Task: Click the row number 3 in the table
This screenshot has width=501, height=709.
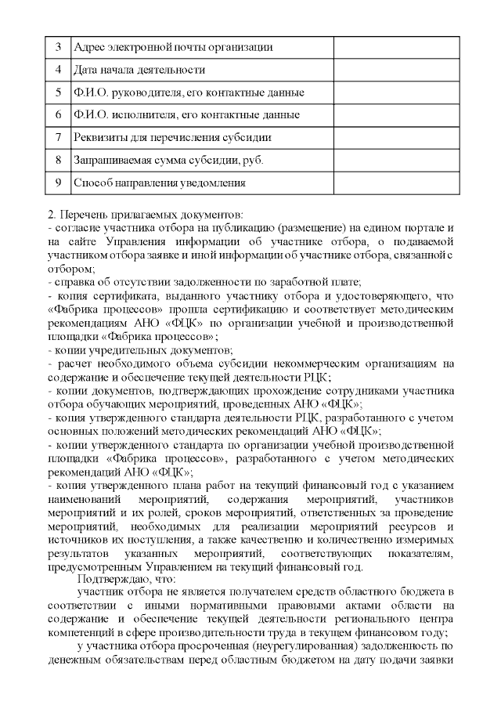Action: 59,47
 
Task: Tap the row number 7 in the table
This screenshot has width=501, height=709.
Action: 59,138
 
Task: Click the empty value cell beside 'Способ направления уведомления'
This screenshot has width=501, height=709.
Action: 395,183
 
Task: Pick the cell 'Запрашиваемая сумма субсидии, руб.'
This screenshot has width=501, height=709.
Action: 168,161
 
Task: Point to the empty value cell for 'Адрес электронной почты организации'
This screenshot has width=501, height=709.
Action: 395,47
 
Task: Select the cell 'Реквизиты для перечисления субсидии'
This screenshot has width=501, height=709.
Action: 172,138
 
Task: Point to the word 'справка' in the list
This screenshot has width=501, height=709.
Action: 71,280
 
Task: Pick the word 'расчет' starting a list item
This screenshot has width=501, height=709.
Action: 73,363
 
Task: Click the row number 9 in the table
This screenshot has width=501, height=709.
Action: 59,183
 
